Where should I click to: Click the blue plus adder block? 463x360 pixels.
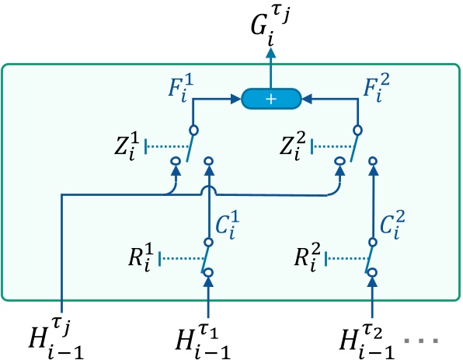270,100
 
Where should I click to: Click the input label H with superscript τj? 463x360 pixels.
54,336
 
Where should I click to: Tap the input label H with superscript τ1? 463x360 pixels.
209,336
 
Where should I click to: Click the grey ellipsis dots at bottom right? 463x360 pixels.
433,341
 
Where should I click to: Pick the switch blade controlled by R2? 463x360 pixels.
369,256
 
